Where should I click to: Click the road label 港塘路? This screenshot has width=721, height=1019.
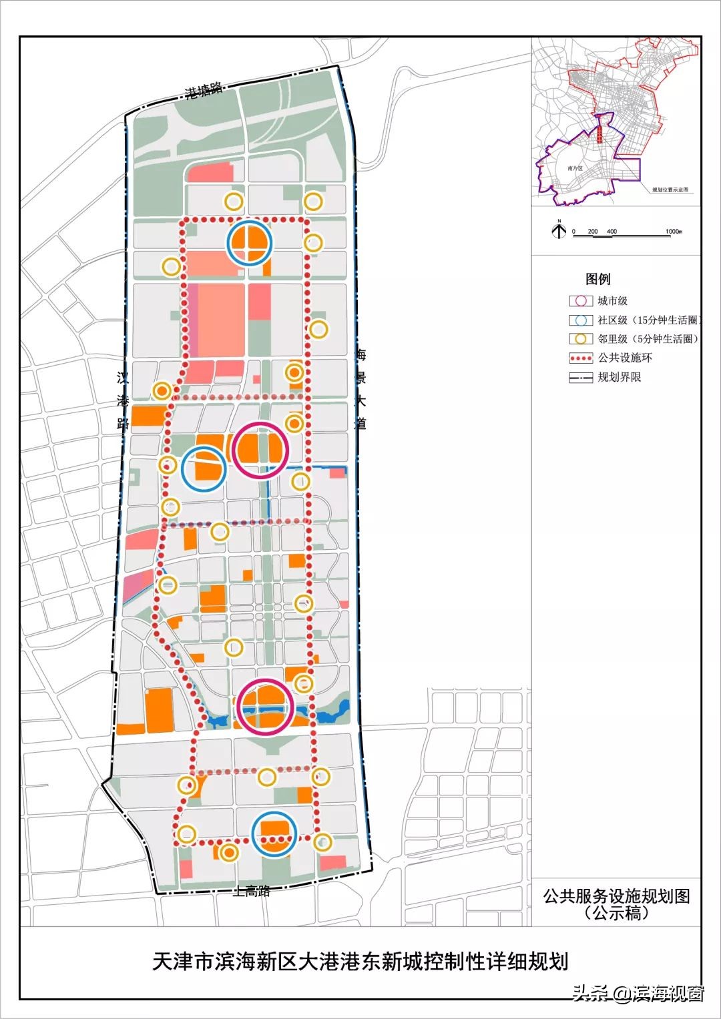(x=204, y=91)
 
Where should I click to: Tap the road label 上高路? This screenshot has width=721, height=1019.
(x=252, y=890)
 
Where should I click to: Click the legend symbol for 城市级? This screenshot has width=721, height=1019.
(x=581, y=301)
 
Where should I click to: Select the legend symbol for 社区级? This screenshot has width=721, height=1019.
(x=581, y=320)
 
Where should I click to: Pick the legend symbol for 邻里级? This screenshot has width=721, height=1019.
(x=581, y=338)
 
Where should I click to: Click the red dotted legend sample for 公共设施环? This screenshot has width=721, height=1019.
(x=581, y=358)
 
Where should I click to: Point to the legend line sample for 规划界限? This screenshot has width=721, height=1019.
(x=581, y=377)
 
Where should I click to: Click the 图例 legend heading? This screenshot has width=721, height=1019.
(x=598, y=279)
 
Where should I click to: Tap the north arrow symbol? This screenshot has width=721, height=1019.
(x=559, y=230)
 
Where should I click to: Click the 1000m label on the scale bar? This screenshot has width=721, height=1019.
(x=673, y=232)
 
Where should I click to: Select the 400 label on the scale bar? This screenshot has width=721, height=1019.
(x=612, y=232)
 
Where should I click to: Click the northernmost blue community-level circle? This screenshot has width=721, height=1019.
(x=249, y=243)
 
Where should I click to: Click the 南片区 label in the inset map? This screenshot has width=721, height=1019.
(x=575, y=169)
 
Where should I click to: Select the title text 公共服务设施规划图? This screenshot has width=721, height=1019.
(x=616, y=896)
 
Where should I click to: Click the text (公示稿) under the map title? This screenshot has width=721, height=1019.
(x=616, y=913)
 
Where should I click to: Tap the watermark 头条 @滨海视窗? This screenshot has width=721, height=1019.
(x=638, y=994)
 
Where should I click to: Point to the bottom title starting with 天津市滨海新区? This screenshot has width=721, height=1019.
(x=360, y=961)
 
